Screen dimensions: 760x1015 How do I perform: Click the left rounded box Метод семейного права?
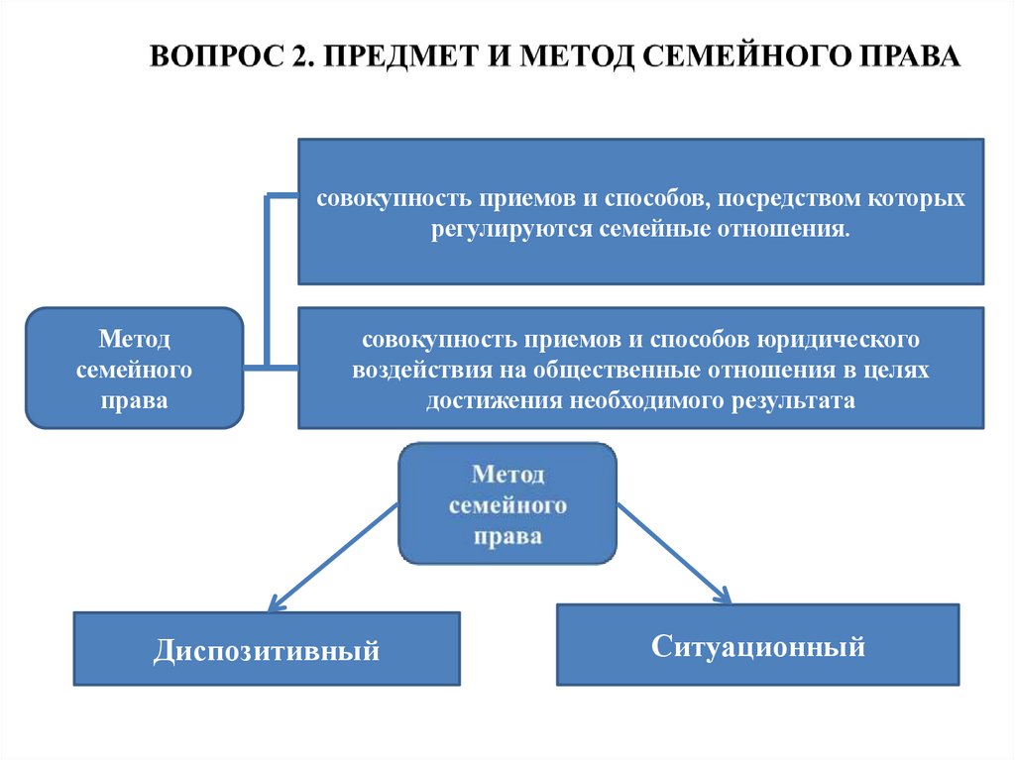pyautogui.click(x=135, y=369)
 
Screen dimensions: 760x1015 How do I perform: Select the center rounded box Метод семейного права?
pyautogui.click(x=507, y=503)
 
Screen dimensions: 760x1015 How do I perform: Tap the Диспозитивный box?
pyautogui.click(x=267, y=649)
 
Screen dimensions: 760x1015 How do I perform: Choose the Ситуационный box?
pyautogui.click(x=758, y=646)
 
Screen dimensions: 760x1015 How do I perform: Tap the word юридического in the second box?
pyautogui.click(x=838, y=340)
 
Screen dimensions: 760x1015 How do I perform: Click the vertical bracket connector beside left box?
pyautogui.click(x=266, y=281)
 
